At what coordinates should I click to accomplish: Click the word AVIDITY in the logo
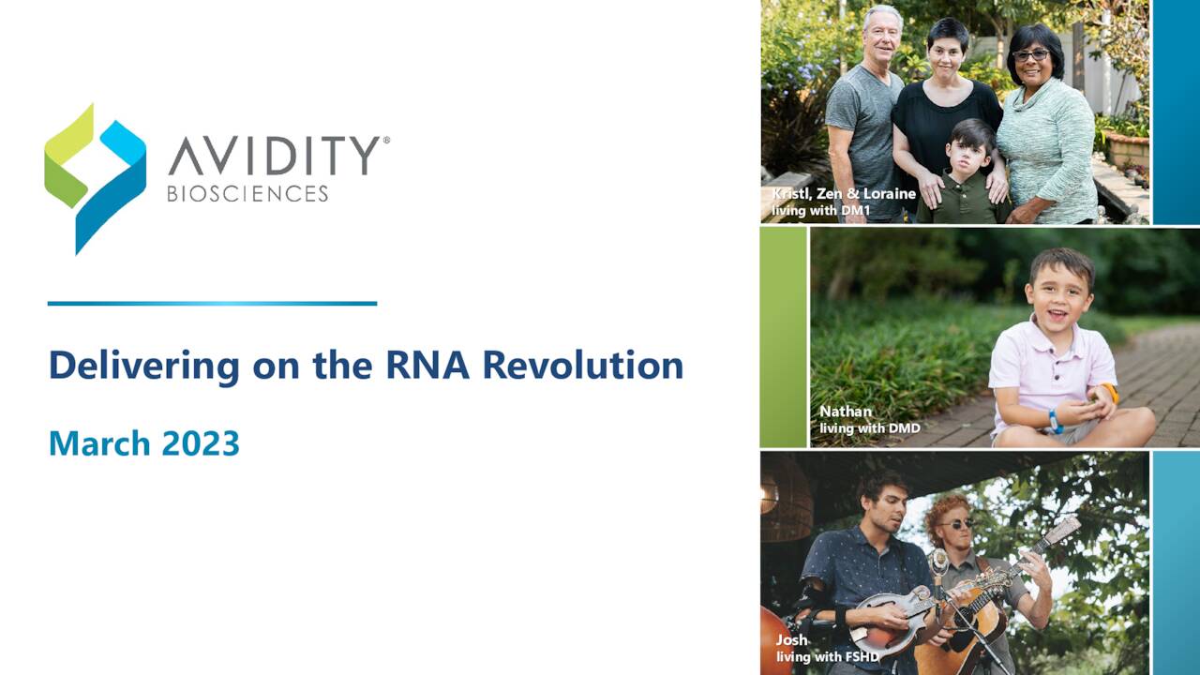[x=273, y=156]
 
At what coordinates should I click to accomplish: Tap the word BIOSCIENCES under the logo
[x=247, y=194]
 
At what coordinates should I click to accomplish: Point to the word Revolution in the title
[x=582, y=365]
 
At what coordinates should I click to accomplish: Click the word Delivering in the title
[x=142, y=365]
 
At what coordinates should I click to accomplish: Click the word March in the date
[x=98, y=442]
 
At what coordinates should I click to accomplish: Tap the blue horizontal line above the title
[x=212, y=303]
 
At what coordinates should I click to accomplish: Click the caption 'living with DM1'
[x=820, y=211]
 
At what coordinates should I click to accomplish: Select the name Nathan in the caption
[x=845, y=411]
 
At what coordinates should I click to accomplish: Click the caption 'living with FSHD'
[x=827, y=657]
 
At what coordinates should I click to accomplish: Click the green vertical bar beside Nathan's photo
[x=783, y=337]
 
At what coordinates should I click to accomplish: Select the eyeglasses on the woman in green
[x=1030, y=55]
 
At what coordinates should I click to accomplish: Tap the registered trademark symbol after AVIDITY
[x=385, y=140]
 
